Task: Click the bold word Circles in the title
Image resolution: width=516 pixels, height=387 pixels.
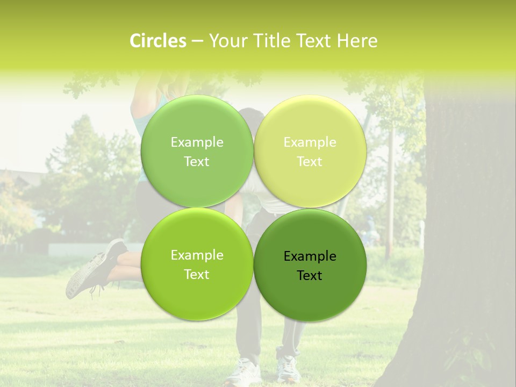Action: pyautogui.click(x=158, y=41)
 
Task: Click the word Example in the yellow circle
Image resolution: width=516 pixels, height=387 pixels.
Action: pyautogui.click(x=310, y=142)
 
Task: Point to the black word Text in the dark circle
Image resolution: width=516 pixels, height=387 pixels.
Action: pyautogui.click(x=310, y=275)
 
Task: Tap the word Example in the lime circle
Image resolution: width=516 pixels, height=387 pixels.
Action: pyautogui.click(x=197, y=255)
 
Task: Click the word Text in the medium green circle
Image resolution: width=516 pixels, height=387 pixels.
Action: pyautogui.click(x=197, y=162)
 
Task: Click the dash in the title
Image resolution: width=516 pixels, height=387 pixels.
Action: pyautogui.click(x=197, y=41)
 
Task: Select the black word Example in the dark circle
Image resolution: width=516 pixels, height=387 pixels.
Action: pyautogui.click(x=310, y=256)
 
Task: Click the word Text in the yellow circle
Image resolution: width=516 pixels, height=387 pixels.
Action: pyautogui.click(x=310, y=162)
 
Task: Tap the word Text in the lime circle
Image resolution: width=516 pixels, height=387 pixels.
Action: pyautogui.click(x=197, y=275)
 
